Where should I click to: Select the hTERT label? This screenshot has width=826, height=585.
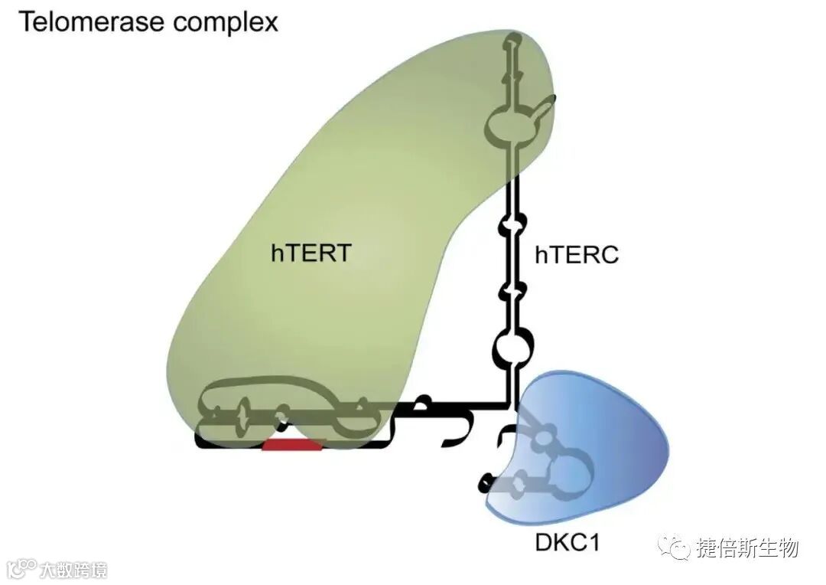311,253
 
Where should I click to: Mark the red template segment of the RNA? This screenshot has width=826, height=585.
293,444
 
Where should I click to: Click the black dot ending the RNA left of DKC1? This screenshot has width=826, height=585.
484,482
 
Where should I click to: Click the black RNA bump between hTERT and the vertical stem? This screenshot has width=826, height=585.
422,400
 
